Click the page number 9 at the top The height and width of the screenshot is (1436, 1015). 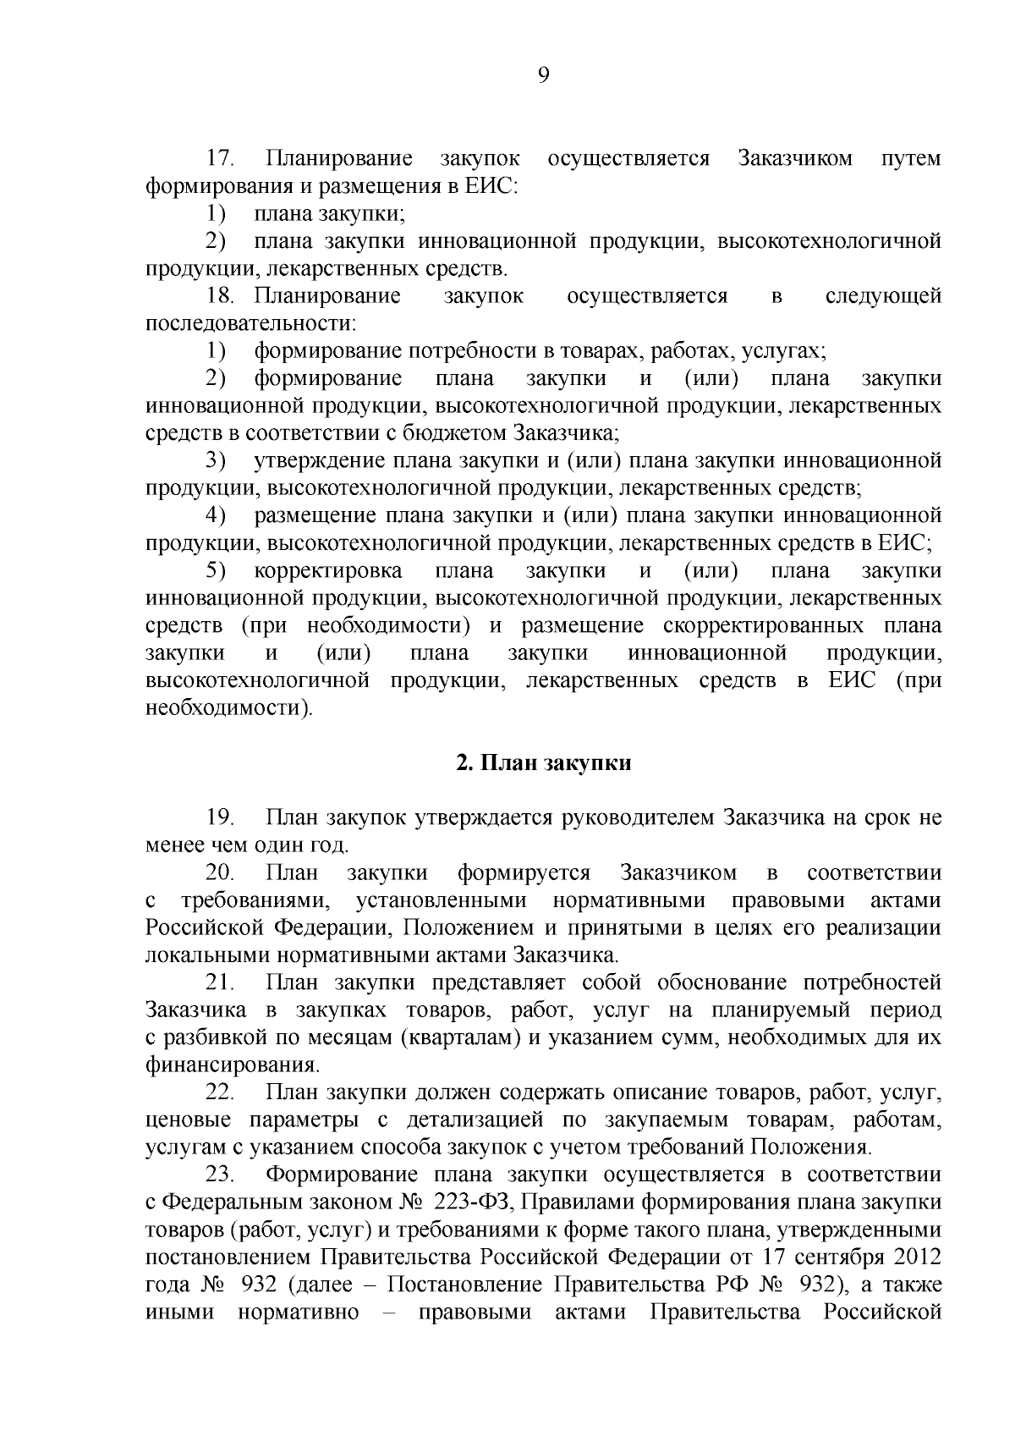(543, 75)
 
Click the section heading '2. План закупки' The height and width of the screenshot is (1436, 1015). (543, 762)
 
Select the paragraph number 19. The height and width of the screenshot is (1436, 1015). (219, 817)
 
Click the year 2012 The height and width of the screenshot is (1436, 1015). (914, 1257)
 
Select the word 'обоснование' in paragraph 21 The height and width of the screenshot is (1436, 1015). (726, 982)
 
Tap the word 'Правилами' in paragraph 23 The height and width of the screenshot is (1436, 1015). (620, 1202)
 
